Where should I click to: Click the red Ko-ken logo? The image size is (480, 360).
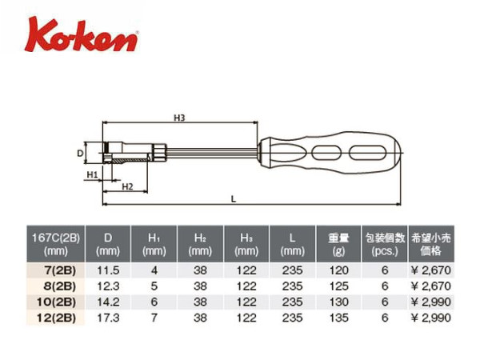point(82,34)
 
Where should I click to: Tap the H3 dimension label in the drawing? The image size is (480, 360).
point(179,118)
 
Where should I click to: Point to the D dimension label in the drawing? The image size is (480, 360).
point(80,153)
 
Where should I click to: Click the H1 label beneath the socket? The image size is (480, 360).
point(92,174)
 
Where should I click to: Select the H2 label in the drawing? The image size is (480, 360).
point(127,186)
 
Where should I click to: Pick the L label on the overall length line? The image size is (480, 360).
point(234,199)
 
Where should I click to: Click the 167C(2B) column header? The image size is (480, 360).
point(56,244)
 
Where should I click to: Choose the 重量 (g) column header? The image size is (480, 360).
point(338,244)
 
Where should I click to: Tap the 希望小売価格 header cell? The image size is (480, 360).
point(431,244)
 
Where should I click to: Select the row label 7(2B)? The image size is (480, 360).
point(60,270)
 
